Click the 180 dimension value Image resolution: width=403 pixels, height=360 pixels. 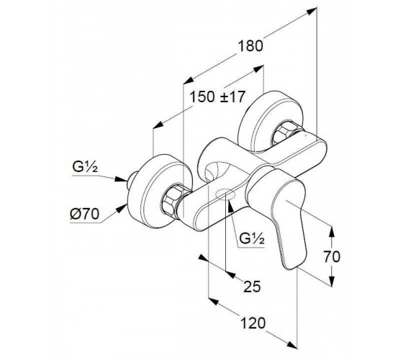pyautogui.click(x=250, y=46)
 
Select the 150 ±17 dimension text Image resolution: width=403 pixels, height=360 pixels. pyautogui.click(x=217, y=97)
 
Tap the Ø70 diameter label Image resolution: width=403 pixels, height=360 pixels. pyautogui.click(x=85, y=214)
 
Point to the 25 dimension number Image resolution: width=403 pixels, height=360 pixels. pyautogui.click(x=252, y=287)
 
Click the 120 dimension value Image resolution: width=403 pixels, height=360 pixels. pyautogui.click(x=253, y=323)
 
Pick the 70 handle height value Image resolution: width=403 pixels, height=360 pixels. pyautogui.click(x=332, y=256)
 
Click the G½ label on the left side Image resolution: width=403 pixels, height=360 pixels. pyautogui.click(x=85, y=167)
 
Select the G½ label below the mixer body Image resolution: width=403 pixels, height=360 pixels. pyautogui.click(x=252, y=238)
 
